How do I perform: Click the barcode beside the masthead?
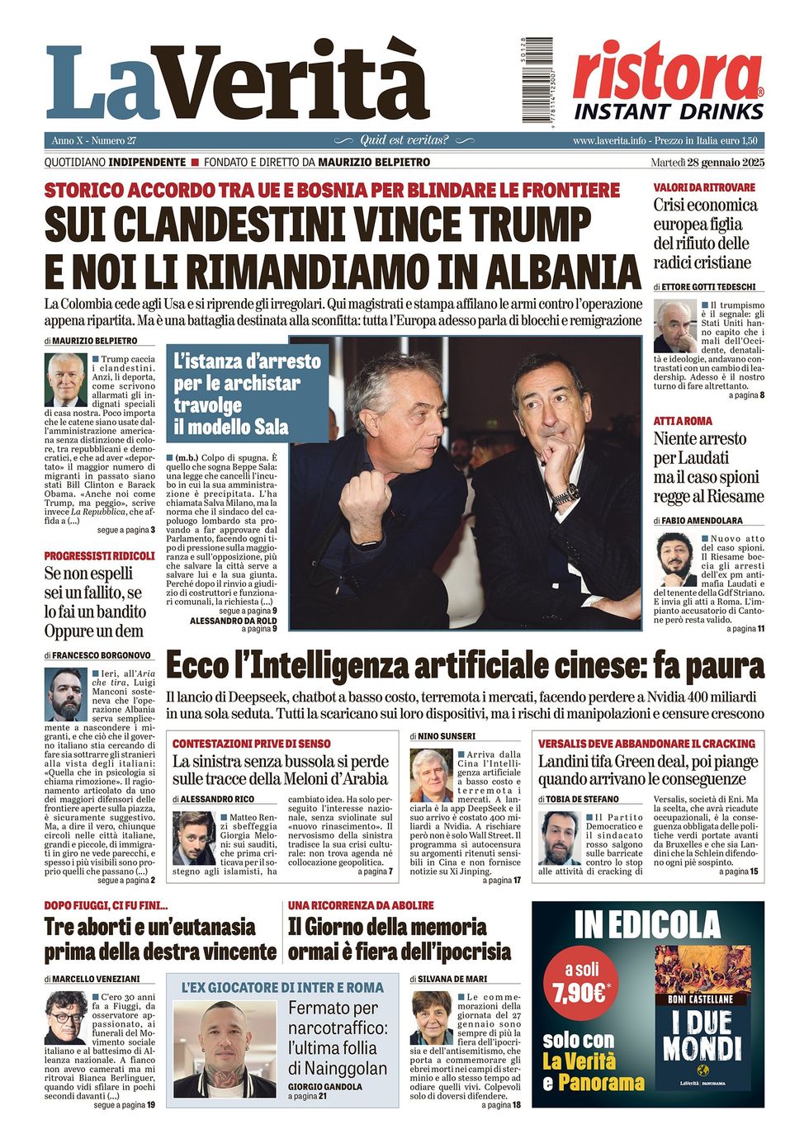(x=537, y=80)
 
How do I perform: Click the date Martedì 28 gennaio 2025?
(x=707, y=162)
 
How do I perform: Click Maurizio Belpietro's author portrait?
(x=65, y=380)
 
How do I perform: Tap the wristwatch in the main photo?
(x=565, y=494)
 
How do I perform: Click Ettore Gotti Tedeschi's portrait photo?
(x=674, y=326)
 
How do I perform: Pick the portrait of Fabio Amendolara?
(x=674, y=559)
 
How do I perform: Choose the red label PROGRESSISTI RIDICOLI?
(x=99, y=555)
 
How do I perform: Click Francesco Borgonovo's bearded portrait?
(x=66, y=694)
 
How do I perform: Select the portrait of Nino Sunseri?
(x=431, y=776)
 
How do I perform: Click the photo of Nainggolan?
(x=225, y=1048)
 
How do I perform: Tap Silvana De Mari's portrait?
(x=431, y=1018)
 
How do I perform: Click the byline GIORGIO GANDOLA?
(x=324, y=1086)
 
